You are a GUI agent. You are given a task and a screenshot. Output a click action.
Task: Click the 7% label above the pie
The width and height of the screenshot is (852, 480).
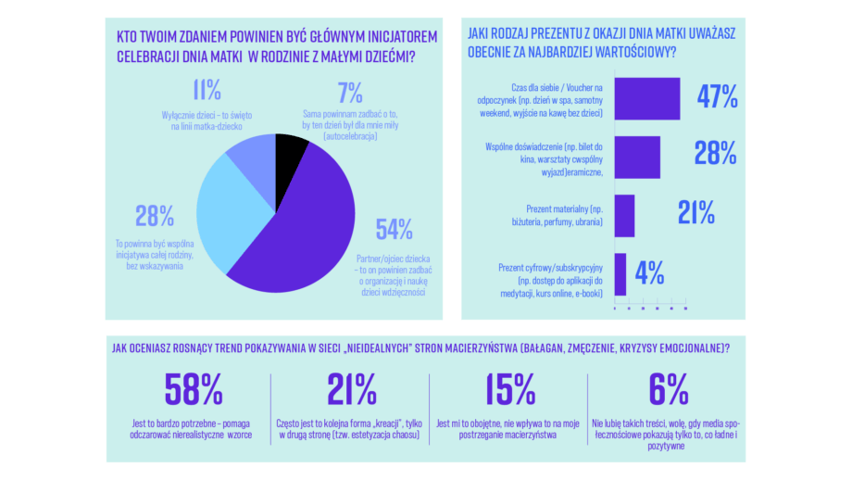click(x=350, y=93)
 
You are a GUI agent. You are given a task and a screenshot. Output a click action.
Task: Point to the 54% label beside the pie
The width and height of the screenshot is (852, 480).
click(x=394, y=230)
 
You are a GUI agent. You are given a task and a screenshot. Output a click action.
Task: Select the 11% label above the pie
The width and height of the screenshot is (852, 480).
click(x=207, y=90)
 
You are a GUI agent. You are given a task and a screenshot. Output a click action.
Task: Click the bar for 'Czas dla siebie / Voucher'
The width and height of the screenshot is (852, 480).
click(x=647, y=98)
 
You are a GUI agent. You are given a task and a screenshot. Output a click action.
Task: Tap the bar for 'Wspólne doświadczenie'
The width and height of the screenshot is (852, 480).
click(x=637, y=158)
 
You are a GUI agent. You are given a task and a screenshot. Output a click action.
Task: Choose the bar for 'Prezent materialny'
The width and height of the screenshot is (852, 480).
click(x=624, y=216)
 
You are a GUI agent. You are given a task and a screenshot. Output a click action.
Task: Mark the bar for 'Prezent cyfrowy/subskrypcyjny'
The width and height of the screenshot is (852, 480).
click(x=620, y=274)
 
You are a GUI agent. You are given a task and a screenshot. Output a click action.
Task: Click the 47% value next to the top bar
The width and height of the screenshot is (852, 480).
click(x=717, y=96)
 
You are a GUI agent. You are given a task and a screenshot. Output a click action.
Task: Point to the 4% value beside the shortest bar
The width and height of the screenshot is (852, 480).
click(x=649, y=272)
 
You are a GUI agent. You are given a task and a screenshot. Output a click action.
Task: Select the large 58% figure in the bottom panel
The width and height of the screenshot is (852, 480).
click(x=194, y=389)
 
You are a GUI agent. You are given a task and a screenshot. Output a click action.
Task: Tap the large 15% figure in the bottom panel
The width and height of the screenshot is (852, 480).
click(x=509, y=389)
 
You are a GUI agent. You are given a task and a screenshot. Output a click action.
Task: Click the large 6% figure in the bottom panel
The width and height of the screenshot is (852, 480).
click(x=669, y=389)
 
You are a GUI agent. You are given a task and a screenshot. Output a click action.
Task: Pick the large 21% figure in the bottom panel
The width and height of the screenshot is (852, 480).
click(x=352, y=389)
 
